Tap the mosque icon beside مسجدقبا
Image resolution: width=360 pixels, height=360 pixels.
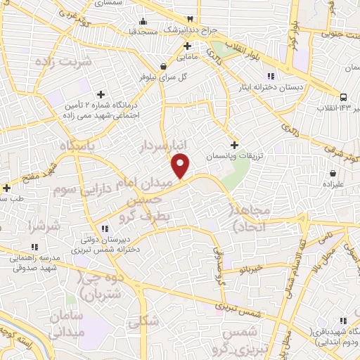(x=143, y=20)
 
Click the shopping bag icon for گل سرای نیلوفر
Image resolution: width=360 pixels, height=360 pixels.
(x=164, y=67)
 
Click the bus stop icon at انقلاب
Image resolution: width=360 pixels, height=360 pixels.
(x=343, y=97)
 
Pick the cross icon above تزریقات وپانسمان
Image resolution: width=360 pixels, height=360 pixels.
(x=234, y=145)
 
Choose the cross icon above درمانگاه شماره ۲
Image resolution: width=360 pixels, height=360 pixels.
(x=101, y=94)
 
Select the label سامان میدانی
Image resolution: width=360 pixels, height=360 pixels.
(x=67, y=323)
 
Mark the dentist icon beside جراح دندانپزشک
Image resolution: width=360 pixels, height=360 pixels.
(x=189, y=20)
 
